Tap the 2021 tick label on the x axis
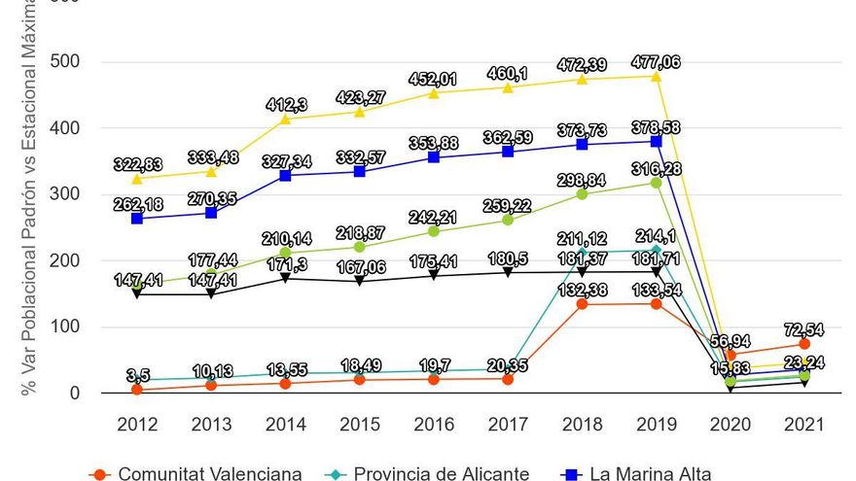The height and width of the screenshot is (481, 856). point(802,425)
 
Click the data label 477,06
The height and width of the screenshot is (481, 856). point(656,62)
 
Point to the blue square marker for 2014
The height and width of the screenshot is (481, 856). point(285,176)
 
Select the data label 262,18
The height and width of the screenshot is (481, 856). point(137,205)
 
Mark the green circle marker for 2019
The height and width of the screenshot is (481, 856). point(656,183)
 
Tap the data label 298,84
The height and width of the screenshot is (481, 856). point(582,181)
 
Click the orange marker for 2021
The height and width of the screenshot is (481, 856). point(803,344)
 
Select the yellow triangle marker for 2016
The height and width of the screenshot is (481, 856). point(433,93)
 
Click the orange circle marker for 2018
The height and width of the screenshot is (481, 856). point(582,304)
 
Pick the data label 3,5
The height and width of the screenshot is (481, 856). point(137,375)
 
